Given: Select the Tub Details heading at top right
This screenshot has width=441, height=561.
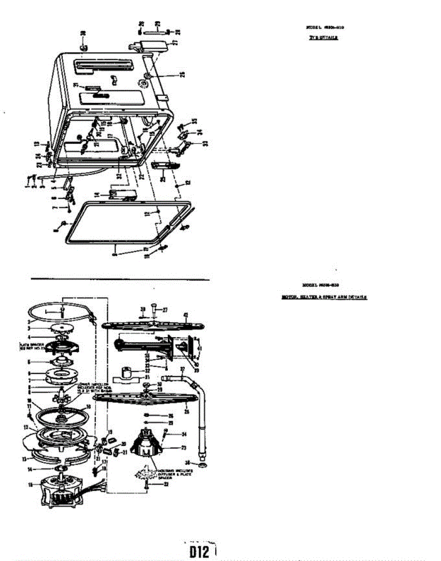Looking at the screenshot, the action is pos(323,38).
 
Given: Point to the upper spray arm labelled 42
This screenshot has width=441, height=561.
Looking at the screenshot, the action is pos(150,325).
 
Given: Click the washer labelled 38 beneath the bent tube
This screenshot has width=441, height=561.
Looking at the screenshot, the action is pos(202,467).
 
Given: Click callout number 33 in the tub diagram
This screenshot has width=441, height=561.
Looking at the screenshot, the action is pos(205,144).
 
